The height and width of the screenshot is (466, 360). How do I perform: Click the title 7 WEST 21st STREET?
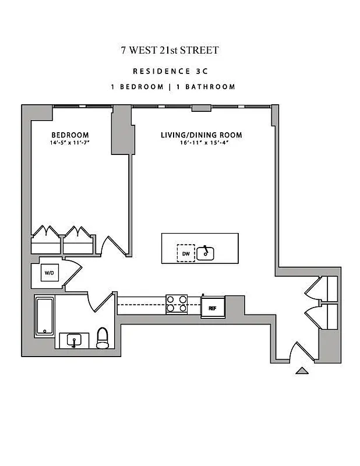pyautogui.click(x=170, y=50)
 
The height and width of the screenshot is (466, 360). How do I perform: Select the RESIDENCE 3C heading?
pyautogui.click(x=170, y=72)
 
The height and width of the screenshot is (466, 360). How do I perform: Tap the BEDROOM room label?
pyautogui.click(x=69, y=135)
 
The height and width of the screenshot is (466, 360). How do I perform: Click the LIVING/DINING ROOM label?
pyautogui.click(x=202, y=135)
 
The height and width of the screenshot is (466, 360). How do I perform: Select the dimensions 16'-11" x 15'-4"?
pyautogui.click(x=202, y=143)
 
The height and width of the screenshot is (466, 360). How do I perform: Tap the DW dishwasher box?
pyautogui.click(x=186, y=253)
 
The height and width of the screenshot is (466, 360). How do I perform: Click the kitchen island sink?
pyautogui.click(x=206, y=253)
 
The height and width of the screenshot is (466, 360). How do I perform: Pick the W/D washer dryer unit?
pyautogui.click(x=48, y=272)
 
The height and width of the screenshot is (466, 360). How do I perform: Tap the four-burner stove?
pyautogui.click(x=177, y=304)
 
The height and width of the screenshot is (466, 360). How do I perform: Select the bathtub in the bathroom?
pyautogui.click(x=44, y=316)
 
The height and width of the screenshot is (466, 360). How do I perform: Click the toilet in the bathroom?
pyautogui.click(x=103, y=337)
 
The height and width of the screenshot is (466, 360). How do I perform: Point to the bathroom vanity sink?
pyautogui.click(x=74, y=340)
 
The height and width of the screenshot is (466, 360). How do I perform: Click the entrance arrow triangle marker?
pyautogui.click(x=302, y=370)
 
